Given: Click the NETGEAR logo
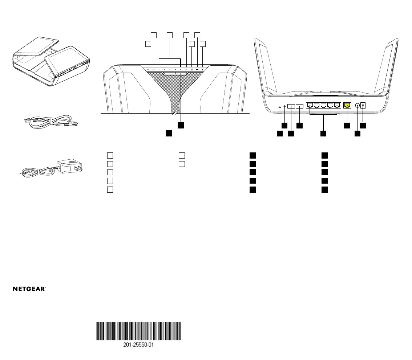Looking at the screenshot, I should [x=29, y=289].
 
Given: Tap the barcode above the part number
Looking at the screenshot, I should [x=138, y=331].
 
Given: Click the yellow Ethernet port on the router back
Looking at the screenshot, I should [x=347, y=106].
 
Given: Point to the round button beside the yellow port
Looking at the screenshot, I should [x=357, y=106].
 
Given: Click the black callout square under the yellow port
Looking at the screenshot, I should [x=347, y=125].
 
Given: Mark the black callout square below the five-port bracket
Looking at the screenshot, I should [x=323, y=134].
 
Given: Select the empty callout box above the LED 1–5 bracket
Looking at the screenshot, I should [x=169, y=35].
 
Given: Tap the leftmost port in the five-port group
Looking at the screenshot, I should [x=310, y=106].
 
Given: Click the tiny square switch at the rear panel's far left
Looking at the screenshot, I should [x=279, y=107].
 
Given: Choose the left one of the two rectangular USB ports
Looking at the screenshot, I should [x=291, y=106].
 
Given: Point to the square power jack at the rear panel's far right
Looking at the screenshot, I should [x=363, y=106].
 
